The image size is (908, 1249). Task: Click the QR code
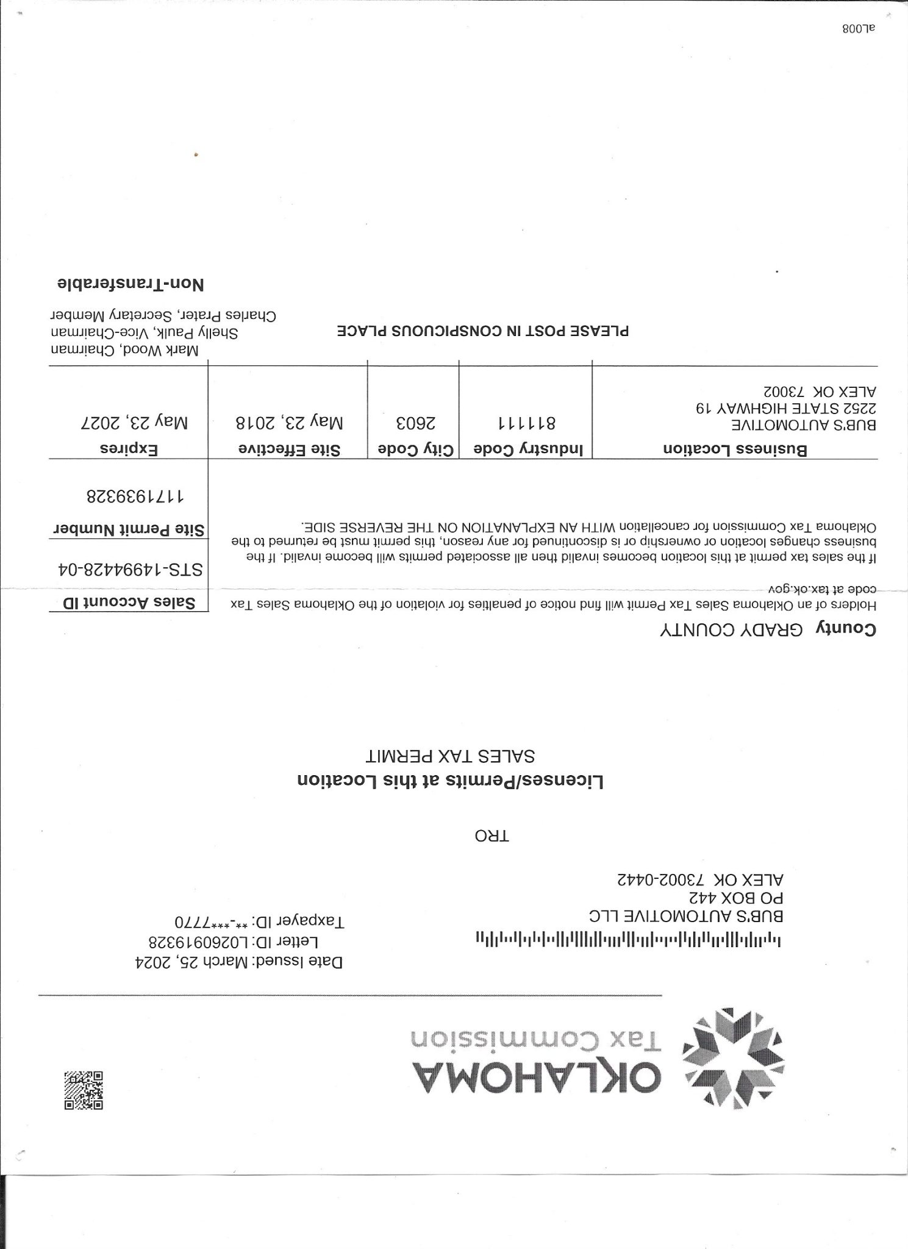[x=84, y=1089]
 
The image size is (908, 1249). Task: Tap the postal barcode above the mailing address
[x=627, y=937]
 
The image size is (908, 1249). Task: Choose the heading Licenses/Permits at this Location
[x=450, y=781]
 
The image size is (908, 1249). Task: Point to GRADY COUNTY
[x=732, y=631]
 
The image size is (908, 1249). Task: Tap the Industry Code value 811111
[x=526, y=422]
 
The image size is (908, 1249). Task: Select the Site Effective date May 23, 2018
[x=289, y=421]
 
